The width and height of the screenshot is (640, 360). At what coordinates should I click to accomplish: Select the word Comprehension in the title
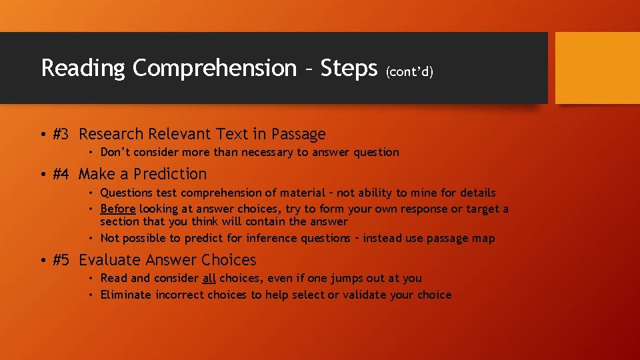[x=214, y=69]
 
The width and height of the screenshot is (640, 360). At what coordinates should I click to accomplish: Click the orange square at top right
[x=597, y=68]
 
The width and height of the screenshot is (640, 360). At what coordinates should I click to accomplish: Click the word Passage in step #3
[x=297, y=135]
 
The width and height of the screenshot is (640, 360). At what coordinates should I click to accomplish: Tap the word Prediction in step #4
[x=170, y=174]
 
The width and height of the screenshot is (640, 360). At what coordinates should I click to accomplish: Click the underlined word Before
[x=118, y=209]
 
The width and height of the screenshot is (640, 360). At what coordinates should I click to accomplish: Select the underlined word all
[x=209, y=279]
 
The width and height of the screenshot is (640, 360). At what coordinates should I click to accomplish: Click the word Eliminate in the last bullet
[x=126, y=295]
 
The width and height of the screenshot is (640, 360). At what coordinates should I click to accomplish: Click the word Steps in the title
[x=349, y=69]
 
